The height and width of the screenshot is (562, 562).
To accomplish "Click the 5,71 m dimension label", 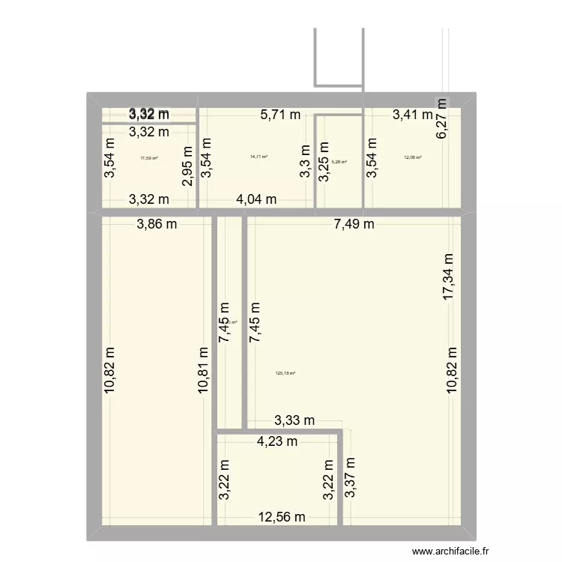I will pos(280,115).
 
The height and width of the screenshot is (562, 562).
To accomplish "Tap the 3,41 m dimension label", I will pos(413,115).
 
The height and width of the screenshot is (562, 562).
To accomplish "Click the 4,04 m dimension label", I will pos(256,199).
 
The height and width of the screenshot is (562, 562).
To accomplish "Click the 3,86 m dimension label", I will pos(157,223).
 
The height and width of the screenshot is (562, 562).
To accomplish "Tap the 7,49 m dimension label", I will pos(354,223).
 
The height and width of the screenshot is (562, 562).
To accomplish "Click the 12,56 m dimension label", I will pos(282,516).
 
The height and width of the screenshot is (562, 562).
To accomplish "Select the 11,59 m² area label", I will pos(149,157).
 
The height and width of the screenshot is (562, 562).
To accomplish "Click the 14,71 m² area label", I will pos(259,157).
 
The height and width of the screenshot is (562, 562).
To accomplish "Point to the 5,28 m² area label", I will pos(339,160).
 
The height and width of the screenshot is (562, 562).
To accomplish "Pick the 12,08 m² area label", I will pos(413,157).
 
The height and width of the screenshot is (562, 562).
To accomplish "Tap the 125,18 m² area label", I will pos(286,373).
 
